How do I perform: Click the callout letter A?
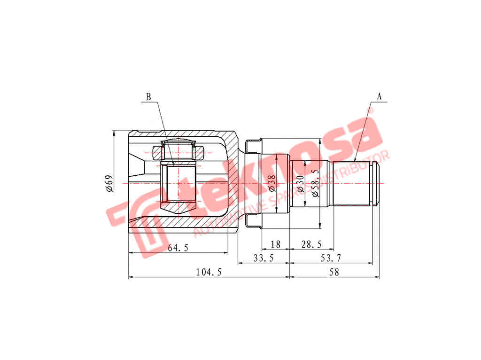pyautogui.click(x=379, y=96)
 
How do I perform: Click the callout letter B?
pyautogui.click(x=148, y=97)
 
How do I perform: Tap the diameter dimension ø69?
pyautogui.click(x=109, y=184)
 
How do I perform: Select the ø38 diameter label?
pyautogui.click(x=272, y=183)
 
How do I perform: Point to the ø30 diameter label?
pyautogui.click(x=301, y=184)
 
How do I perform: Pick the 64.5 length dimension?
pyautogui.click(x=178, y=248)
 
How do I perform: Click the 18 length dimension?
pyautogui.click(x=275, y=244)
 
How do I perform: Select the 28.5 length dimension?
pyautogui.click(x=312, y=244)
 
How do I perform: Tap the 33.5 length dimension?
pyautogui.click(x=264, y=258)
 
